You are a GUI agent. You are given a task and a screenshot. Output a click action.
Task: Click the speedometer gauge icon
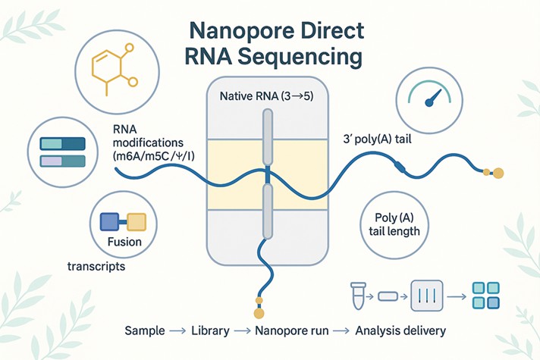[x=430, y=100]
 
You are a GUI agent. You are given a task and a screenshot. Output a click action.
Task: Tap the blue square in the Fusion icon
[x=111, y=221]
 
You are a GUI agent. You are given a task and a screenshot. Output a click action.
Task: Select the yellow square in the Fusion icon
[x=135, y=221]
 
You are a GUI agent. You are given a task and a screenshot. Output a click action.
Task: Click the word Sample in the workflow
[x=146, y=330]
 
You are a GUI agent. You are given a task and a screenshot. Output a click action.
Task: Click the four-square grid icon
[x=485, y=295]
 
